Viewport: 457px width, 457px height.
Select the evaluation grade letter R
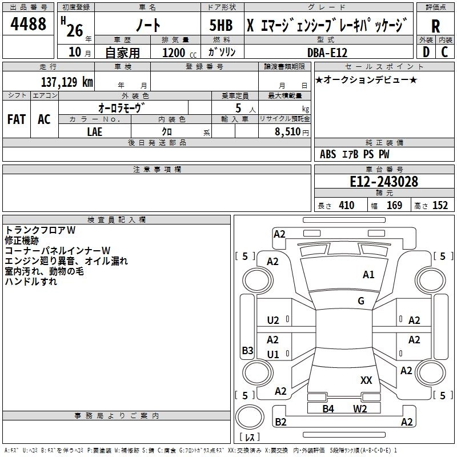click(x=436, y=26)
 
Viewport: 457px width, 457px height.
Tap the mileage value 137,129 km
click(x=66, y=82)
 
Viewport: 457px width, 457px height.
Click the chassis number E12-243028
click(x=384, y=182)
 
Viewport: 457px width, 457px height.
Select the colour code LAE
click(x=95, y=131)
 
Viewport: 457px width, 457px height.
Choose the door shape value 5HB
click(x=217, y=26)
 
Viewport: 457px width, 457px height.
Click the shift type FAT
click(x=17, y=119)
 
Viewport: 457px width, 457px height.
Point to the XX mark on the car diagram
click(x=366, y=380)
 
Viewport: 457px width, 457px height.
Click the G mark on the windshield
click(x=361, y=301)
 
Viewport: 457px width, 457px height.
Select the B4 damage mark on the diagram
click(x=328, y=408)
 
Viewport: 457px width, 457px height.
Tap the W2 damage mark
click(x=359, y=408)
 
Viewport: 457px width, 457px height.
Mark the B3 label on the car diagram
click(x=247, y=350)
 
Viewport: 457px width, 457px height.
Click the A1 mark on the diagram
click(x=368, y=275)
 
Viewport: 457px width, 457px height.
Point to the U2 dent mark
click(x=273, y=320)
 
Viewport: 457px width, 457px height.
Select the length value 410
click(x=346, y=206)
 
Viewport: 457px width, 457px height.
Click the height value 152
click(x=440, y=206)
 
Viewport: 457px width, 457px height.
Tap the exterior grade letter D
click(x=426, y=52)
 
